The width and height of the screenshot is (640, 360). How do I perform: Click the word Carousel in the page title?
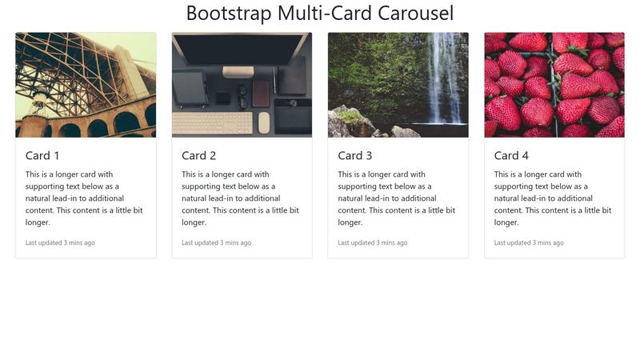tap(415, 13)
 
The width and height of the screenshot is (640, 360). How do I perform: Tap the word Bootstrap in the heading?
tap(229, 14)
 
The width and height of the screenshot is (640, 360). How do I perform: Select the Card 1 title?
tap(42, 155)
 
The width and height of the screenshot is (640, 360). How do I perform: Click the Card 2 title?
tap(198, 155)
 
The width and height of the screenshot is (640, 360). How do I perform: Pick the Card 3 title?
tap(355, 155)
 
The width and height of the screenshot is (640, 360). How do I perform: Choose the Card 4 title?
tap(511, 155)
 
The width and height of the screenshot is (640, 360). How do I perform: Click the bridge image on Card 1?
tap(86, 85)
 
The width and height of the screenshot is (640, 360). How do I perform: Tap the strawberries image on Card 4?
tap(554, 85)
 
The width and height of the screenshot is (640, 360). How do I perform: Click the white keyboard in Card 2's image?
tap(212, 123)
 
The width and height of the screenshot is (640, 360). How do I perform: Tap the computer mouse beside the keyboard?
tap(264, 122)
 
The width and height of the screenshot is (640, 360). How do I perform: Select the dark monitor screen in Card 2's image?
tap(241, 50)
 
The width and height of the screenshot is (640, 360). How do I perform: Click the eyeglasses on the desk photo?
tap(242, 97)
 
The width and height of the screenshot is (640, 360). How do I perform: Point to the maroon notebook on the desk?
tap(261, 94)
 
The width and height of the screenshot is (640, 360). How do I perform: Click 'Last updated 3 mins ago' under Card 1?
tap(60, 242)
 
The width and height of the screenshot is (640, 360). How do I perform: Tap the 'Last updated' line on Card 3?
tap(373, 242)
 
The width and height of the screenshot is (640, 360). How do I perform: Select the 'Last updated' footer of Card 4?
tap(529, 242)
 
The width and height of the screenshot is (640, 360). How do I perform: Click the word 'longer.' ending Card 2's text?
tap(194, 222)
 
